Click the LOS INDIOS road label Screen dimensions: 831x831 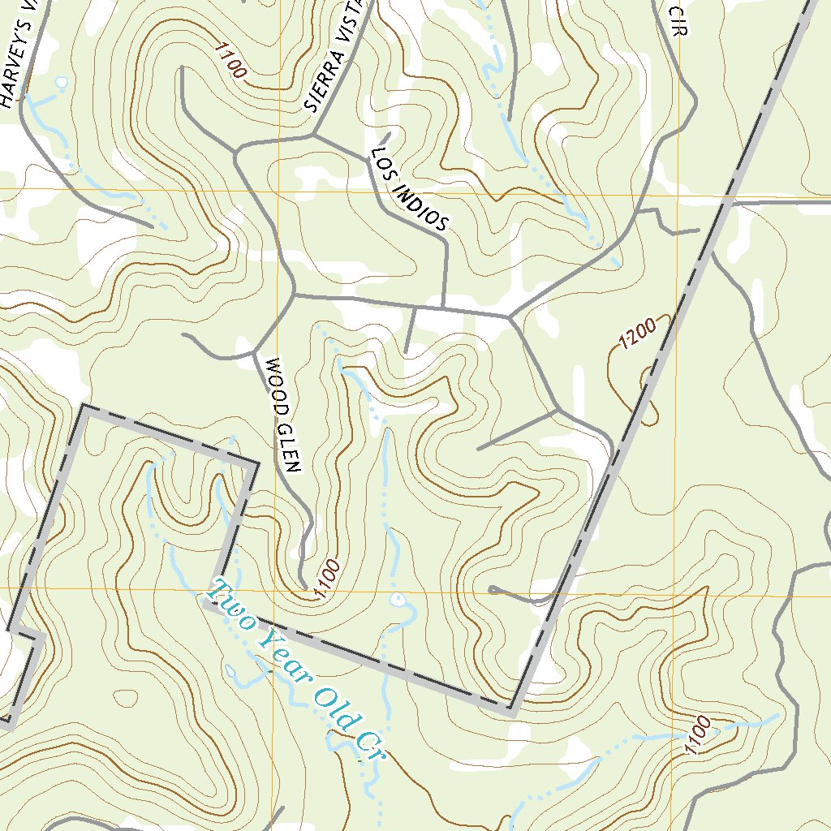point(409,190)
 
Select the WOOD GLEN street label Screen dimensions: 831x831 point(282,415)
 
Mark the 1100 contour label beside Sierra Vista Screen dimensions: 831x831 point(230,61)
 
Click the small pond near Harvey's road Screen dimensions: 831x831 point(61,81)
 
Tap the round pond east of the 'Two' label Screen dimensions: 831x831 point(397,601)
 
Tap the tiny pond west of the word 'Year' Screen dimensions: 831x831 point(231,672)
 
